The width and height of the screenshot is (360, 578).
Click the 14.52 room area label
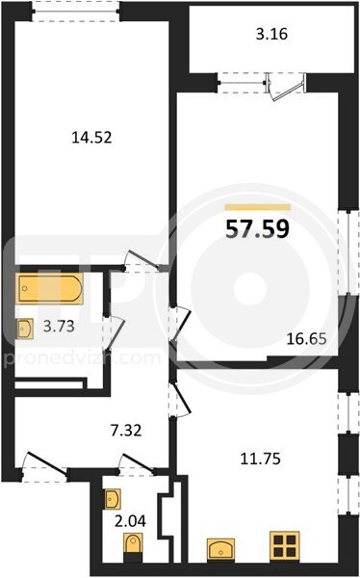click(91, 138)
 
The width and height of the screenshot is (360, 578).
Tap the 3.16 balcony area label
click(271, 35)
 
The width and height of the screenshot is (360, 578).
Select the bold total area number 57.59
click(257, 229)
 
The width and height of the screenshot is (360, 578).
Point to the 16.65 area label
click(306, 338)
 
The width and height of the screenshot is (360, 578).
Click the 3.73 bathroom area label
click(59, 326)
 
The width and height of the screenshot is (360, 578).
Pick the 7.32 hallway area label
click(126, 431)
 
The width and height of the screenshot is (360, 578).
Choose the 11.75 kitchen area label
click(261, 459)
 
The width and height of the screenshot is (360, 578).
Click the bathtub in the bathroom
click(49, 289)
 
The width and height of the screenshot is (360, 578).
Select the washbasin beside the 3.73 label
click(25, 328)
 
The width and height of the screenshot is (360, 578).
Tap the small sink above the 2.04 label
click(113, 499)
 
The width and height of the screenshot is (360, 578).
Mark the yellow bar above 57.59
click(258, 207)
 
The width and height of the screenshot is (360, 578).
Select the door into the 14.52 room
click(141, 261)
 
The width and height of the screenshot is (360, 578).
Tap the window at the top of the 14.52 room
click(75, 11)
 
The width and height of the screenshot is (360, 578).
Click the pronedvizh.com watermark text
click(82, 358)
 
